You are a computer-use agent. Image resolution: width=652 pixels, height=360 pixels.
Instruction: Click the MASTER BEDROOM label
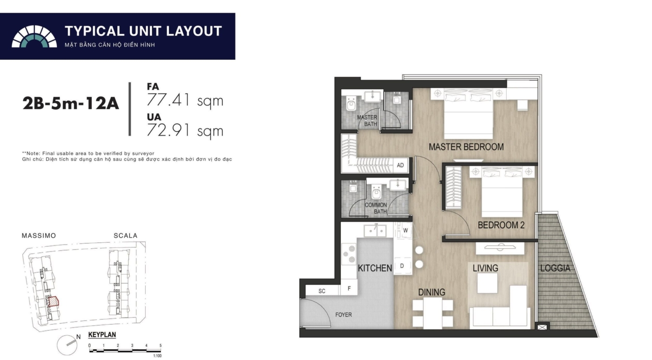point(466,147)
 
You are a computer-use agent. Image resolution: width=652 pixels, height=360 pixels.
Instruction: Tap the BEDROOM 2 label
point(501,225)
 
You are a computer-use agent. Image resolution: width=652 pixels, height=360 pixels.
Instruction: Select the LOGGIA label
point(555,268)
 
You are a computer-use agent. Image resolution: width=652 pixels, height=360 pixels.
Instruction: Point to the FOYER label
point(344,315)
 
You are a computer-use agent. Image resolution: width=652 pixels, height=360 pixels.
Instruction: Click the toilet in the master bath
point(351,104)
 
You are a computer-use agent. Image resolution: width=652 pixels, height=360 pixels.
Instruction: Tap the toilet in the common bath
point(377,192)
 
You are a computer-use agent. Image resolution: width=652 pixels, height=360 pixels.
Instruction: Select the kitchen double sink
point(375,231)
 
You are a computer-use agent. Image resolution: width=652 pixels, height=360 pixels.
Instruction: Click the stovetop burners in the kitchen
point(349,254)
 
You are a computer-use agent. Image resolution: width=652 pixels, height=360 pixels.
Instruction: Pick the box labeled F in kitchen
point(349,288)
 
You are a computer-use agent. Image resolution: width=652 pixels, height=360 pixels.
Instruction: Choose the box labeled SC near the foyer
point(322,291)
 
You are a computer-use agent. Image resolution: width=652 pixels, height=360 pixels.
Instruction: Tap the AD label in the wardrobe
point(400,165)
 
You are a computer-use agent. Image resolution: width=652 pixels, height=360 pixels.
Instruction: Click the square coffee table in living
point(487,283)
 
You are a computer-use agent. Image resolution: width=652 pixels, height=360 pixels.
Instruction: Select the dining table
point(433,313)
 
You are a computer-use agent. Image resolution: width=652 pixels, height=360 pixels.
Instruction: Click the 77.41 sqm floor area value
point(185,101)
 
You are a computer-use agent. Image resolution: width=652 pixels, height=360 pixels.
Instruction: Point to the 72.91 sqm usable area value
point(185,130)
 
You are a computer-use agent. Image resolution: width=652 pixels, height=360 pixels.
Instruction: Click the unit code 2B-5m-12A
point(71,103)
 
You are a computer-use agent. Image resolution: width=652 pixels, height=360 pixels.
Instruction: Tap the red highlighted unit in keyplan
point(53,301)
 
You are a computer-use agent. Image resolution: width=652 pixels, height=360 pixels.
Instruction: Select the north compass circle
point(67,345)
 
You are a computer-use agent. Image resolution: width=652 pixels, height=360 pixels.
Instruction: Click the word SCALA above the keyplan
point(125,236)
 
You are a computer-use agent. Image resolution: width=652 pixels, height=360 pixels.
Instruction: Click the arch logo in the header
point(34,36)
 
